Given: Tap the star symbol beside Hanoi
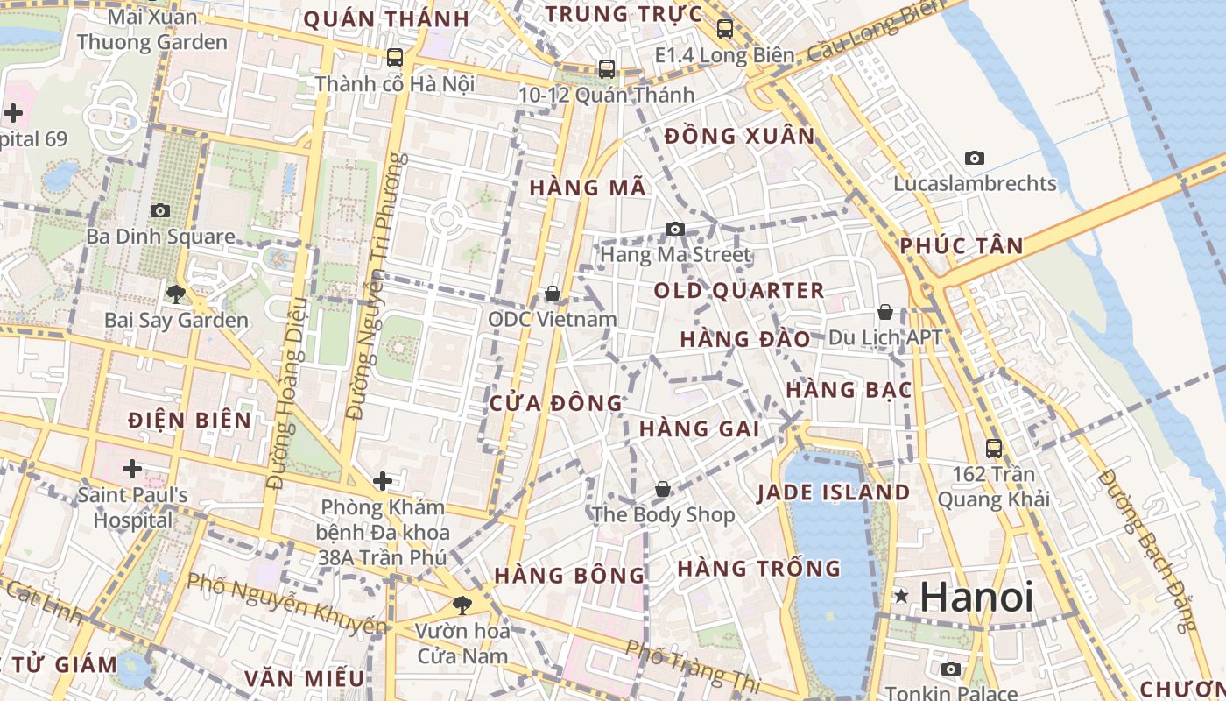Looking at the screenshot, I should tap(901, 597).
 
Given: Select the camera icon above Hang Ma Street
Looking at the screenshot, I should tap(674, 229).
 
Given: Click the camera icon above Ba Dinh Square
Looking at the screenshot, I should tap(159, 210).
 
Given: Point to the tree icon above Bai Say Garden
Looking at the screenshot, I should tap(176, 294).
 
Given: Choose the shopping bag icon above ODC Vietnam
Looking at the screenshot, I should tap(553, 294).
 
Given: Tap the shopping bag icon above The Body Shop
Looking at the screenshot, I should tap(663, 489).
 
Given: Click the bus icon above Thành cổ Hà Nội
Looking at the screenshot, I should tap(395, 58).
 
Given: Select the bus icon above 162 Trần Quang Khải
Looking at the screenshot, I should tap(994, 449).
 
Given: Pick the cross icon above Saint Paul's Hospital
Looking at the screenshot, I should tap(132, 469).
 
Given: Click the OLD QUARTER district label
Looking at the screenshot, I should tap(739, 291).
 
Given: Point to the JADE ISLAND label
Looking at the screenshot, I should tap(834, 492).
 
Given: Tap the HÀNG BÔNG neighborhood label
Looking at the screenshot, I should tap(569, 576).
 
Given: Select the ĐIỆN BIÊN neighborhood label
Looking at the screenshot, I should tap(189, 420).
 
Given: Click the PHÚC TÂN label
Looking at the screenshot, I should tap(962, 246).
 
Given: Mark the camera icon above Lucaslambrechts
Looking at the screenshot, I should tap(974, 159).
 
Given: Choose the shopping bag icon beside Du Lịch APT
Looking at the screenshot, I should tap(885, 312).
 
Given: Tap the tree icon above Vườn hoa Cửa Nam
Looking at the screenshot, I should tap(462, 604).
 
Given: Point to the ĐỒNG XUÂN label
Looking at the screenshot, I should tap(739, 136).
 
